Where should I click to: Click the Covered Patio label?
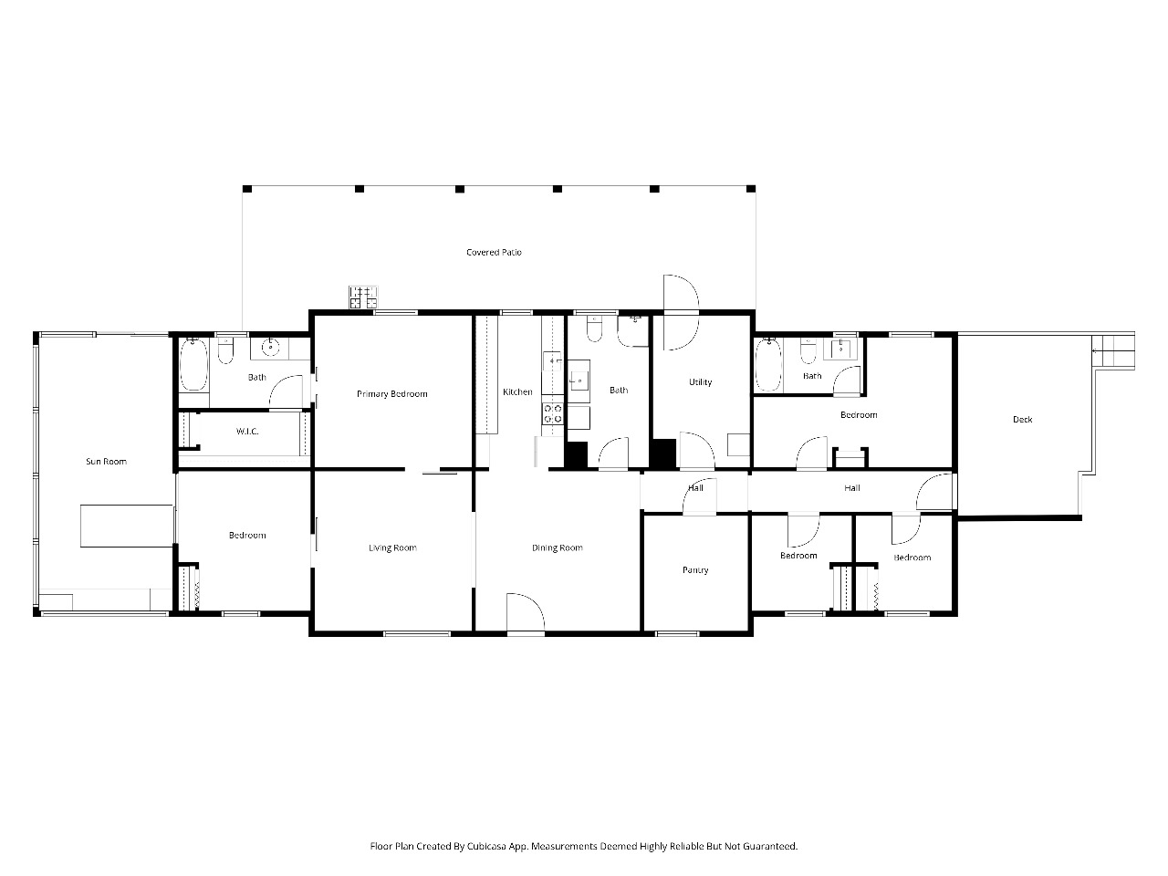(494, 252)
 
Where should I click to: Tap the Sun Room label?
(107, 461)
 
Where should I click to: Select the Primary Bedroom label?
(392, 394)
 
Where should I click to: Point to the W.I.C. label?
(247, 432)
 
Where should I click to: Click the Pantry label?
(695, 570)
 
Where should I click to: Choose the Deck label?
(1022, 419)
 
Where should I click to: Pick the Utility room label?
(700, 382)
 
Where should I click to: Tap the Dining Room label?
(558, 547)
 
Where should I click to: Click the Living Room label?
(392, 547)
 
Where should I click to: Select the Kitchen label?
(517, 392)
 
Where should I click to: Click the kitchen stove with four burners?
(552, 413)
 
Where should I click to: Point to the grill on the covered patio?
(363, 297)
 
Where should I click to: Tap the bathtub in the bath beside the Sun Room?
(193, 364)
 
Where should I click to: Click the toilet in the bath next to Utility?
(594, 328)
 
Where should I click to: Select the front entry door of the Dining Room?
(526, 612)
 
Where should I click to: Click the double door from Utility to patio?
(681, 312)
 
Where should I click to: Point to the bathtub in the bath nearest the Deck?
(768, 365)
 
